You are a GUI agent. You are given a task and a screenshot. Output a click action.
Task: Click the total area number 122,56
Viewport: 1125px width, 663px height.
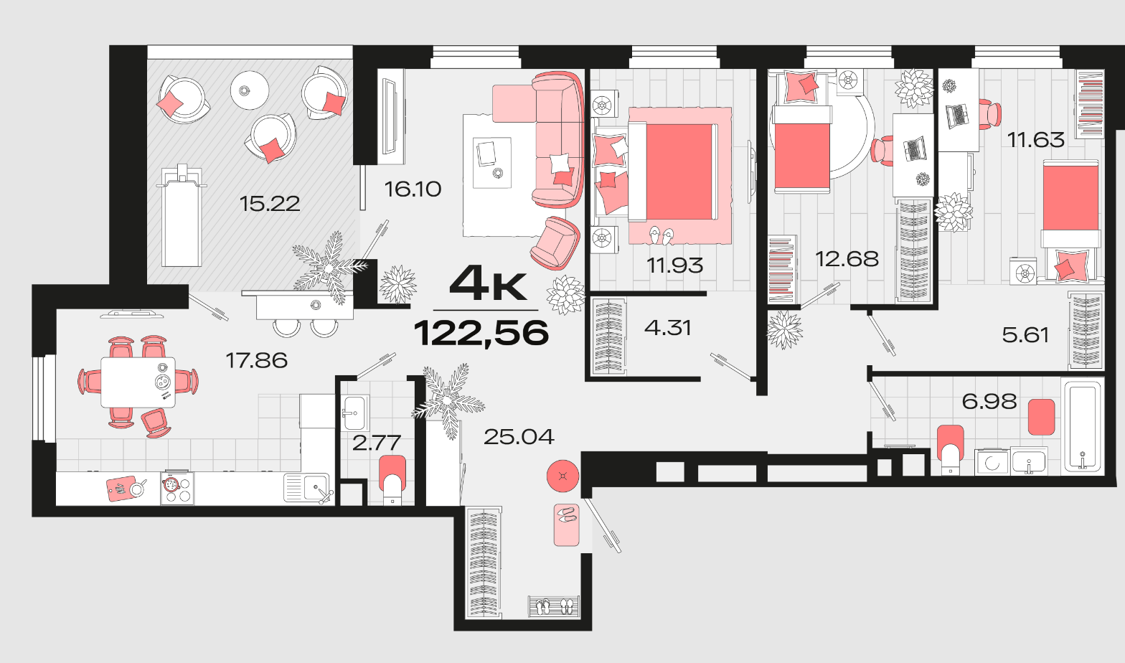click(481, 332)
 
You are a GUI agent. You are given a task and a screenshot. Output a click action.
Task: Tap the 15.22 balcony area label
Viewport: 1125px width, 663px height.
click(270, 204)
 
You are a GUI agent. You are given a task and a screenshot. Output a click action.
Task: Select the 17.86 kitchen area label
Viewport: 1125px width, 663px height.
click(256, 360)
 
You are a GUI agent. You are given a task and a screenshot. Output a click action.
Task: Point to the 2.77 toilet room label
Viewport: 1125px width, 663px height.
click(376, 443)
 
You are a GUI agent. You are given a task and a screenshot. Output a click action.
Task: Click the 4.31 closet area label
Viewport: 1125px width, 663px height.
click(667, 328)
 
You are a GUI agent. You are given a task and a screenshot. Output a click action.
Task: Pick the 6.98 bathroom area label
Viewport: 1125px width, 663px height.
click(989, 401)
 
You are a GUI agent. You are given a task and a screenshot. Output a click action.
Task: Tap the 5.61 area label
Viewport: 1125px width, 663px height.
click(1025, 334)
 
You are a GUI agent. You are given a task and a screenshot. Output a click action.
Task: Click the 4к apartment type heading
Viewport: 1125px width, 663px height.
click(488, 284)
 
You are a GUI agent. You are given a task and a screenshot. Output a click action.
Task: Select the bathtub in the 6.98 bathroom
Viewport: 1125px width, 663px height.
click(1083, 427)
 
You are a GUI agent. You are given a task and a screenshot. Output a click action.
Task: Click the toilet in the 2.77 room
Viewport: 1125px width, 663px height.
click(392, 479)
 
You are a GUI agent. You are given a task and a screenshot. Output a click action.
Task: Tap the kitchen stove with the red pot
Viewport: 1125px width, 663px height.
click(176, 488)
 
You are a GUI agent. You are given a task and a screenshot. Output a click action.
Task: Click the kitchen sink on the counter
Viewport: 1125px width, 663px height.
click(307, 488)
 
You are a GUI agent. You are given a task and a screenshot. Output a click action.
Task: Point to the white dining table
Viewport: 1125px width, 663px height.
click(138, 382)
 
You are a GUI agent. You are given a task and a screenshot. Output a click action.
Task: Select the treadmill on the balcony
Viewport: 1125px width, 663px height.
click(182, 215)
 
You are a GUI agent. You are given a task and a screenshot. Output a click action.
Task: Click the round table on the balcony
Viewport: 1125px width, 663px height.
click(250, 90)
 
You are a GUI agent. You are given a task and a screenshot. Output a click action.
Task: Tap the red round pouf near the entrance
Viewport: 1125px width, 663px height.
click(562, 476)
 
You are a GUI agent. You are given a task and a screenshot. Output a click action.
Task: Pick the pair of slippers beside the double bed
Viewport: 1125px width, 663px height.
click(661, 235)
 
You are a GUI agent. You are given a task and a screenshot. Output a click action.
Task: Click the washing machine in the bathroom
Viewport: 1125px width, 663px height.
click(992, 462)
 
